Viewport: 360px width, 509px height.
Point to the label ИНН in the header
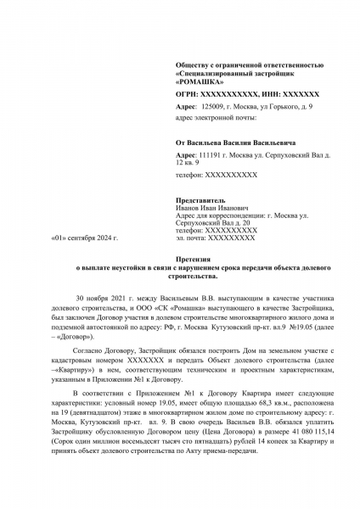coord(270,93)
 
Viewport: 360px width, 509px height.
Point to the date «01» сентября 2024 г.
coord(85,238)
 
